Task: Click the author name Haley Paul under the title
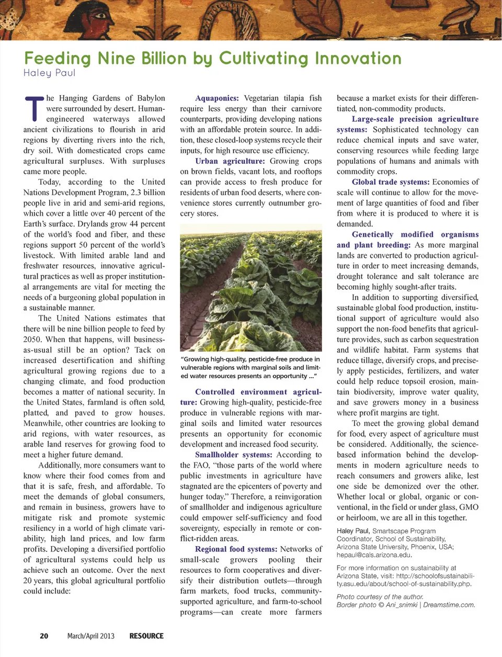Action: tap(49, 73)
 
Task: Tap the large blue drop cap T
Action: tap(33, 108)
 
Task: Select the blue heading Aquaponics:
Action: tap(216, 98)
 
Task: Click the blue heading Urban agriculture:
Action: tap(230, 161)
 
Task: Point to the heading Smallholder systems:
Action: tap(233, 455)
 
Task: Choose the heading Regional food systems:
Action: tap(236, 549)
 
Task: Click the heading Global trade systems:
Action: tap(391, 182)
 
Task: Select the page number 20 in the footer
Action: tap(44, 636)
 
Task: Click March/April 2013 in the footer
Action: tap(90, 636)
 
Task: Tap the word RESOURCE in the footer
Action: tap(146, 636)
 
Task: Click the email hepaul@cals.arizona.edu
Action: tap(374, 555)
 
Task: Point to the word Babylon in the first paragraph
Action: tap(151, 98)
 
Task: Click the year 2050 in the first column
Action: tap(32, 339)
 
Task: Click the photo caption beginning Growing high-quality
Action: tap(250, 367)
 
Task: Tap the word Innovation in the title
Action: tap(357, 58)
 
